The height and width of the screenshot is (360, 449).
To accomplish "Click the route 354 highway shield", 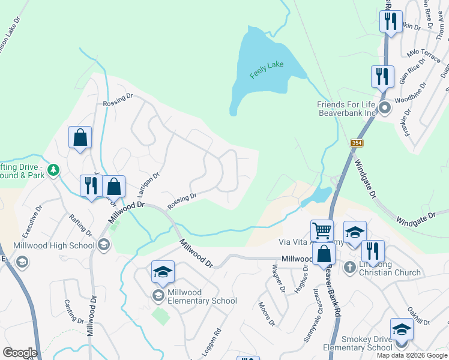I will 357,143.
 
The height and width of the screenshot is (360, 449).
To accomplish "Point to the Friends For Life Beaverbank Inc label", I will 346,109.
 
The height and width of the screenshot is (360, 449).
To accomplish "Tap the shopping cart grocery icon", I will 322,230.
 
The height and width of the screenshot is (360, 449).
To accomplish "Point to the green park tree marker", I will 53,170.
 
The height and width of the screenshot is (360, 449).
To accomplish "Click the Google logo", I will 19,353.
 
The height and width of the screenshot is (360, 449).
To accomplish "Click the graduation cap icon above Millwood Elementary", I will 163,272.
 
